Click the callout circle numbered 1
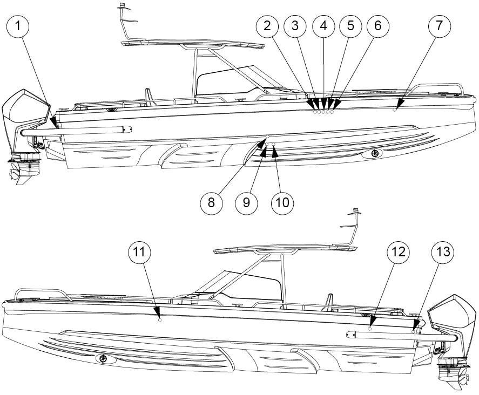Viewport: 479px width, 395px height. click(x=18, y=26)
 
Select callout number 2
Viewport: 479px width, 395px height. click(x=267, y=26)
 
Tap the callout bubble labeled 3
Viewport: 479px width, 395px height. click(x=295, y=26)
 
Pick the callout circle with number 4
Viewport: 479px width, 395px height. click(x=323, y=26)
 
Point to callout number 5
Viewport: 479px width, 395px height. click(x=350, y=26)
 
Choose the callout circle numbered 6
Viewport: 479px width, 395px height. click(x=378, y=26)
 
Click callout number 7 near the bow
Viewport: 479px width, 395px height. click(x=439, y=26)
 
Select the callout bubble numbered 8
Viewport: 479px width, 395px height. click(x=211, y=203)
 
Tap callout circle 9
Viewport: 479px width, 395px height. click(x=247, y=203)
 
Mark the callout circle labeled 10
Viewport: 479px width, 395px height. click(x=282, y=203)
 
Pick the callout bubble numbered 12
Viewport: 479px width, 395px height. click(x=399, y=253)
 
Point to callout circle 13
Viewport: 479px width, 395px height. click(x=443, y=253)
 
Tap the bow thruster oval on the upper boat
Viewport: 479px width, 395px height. click(x=373, y=154)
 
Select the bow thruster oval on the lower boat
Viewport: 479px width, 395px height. click(x=106, y=359)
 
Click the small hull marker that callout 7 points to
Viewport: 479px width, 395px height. click(x=395, y=110)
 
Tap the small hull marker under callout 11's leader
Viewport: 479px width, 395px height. click(x=160, y=320)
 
